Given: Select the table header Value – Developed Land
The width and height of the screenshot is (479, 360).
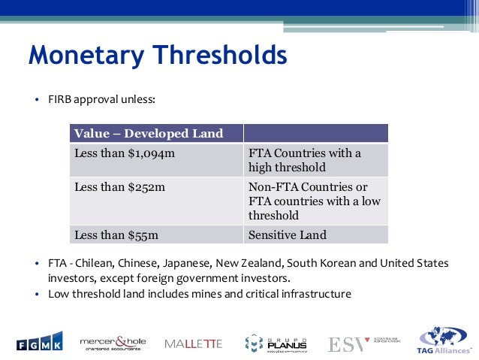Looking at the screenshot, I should coord(149,134).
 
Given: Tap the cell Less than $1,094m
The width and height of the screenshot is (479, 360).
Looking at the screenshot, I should coord(117,153).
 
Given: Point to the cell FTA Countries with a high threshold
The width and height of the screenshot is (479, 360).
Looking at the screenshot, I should coord(304,160).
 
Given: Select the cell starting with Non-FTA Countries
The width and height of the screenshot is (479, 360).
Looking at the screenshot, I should coord(314,201).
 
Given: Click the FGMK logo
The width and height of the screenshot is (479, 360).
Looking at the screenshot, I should coord(40,343).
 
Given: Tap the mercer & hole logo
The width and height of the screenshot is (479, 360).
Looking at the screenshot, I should coord(113,343).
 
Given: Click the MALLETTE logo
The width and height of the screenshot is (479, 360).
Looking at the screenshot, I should coord(194,343).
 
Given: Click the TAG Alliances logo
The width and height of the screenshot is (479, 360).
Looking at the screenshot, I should coord(445,343).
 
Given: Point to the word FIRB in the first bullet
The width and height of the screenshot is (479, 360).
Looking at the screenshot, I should coord(59,98).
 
